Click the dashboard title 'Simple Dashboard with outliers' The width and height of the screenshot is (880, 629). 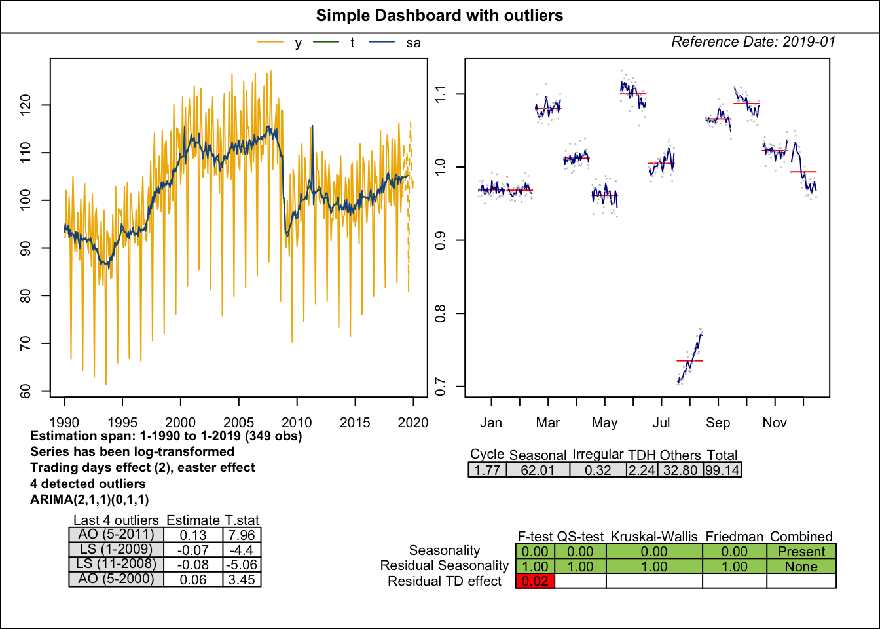click(439, 16)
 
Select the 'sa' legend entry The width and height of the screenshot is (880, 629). click(412, 43)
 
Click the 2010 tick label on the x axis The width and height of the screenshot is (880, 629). click(297, 423)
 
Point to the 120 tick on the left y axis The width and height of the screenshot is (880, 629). click(26, 105)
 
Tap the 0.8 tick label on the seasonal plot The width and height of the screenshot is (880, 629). click(441, 314)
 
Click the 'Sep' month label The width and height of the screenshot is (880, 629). click(718, 423)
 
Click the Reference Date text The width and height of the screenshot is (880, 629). click(753, 42)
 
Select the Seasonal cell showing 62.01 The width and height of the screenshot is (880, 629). click(538, 470)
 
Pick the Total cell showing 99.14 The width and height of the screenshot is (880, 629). click(722, 470)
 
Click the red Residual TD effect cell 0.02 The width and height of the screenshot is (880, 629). click(535, 581)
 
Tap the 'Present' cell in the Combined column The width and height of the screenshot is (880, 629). click(801, 552)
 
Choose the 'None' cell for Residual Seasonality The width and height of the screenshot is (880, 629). click(801, 567)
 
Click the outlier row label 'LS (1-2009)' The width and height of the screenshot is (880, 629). click(115, 550)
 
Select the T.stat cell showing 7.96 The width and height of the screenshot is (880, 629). click(242, 535)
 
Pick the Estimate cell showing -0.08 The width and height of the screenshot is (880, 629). click(193, 565)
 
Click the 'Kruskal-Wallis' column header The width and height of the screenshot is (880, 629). click(653, 537)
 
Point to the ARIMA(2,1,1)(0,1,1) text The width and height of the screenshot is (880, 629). click(90, 499)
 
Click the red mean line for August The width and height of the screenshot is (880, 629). click(689, 361)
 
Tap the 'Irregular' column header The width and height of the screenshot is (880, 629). click(597, 454)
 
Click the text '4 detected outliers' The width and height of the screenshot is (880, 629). click(88, 484)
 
